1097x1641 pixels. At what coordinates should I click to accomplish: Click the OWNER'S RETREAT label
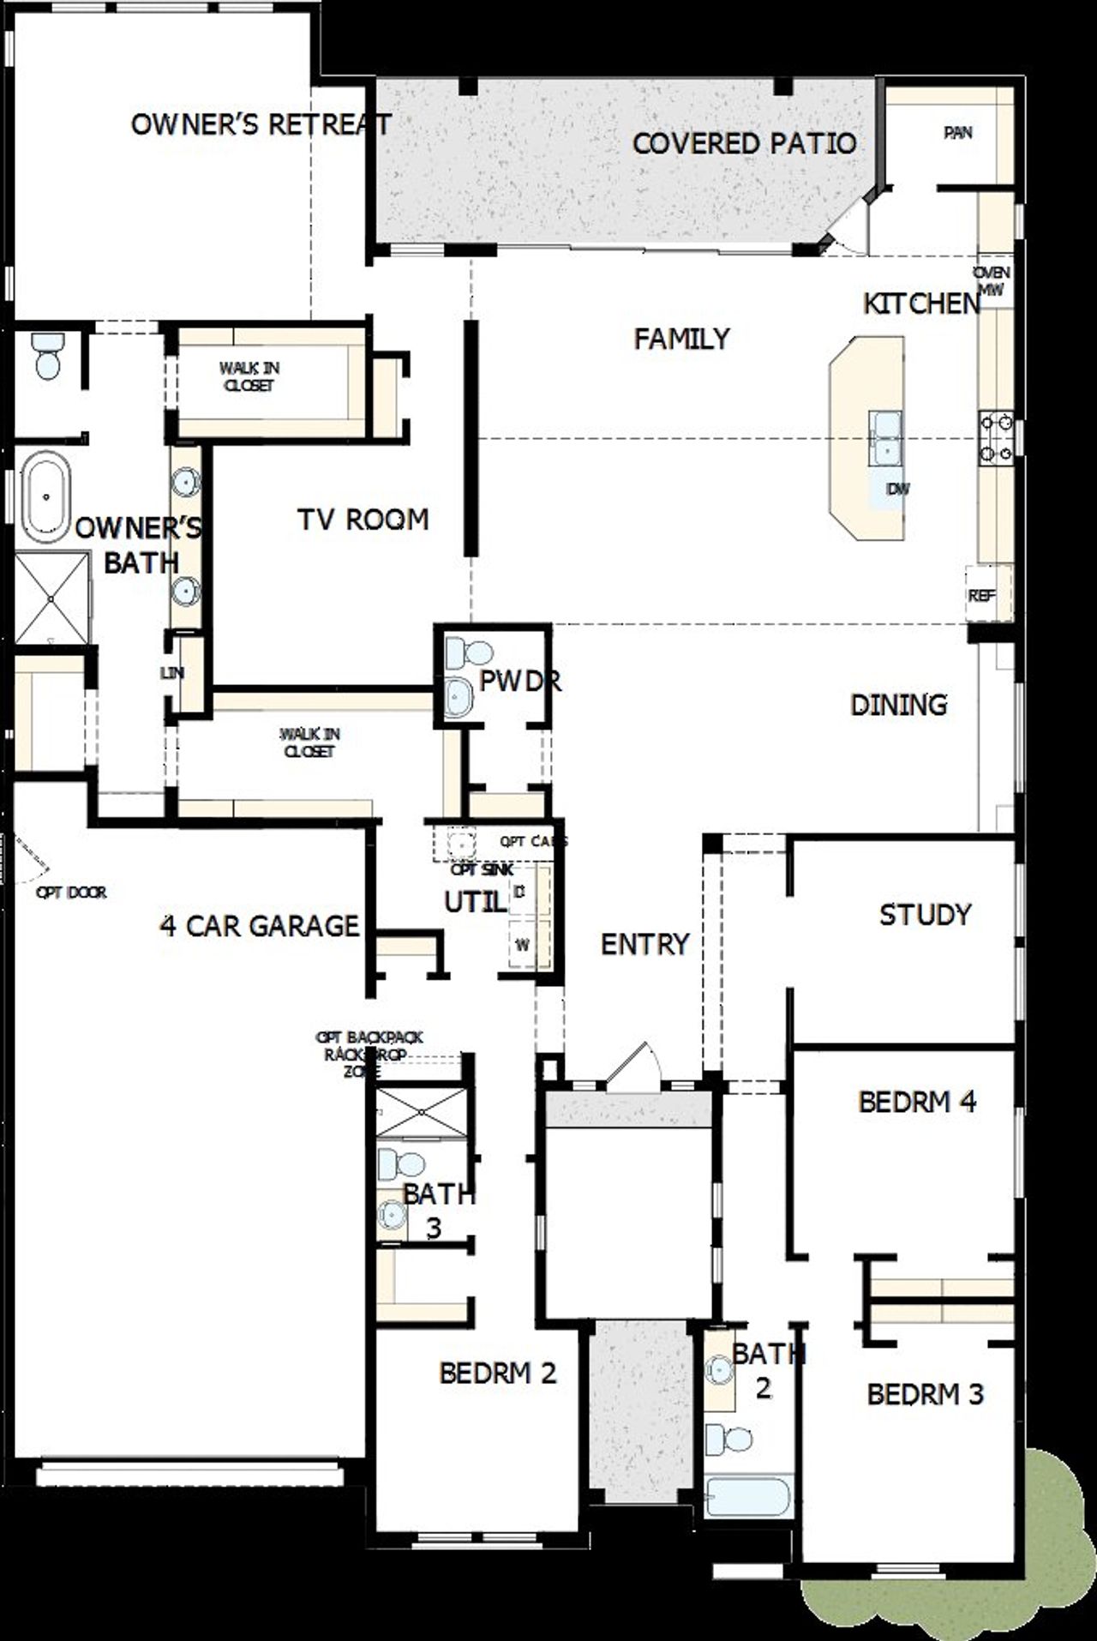coord(261,124)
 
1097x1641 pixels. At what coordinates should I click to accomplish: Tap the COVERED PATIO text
coord(744,143)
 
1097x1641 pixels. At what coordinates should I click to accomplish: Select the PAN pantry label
coord(958,133)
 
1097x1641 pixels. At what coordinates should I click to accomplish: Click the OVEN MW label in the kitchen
coord(992,281)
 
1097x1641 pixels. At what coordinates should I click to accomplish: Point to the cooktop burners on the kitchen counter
coord(997,437)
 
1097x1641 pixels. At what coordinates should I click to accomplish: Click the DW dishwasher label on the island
coord(897,489)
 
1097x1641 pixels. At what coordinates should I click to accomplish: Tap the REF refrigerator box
coord(982,594)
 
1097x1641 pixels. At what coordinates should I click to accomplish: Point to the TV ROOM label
coord(363,520)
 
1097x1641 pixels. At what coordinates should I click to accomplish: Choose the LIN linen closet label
coord(172,673)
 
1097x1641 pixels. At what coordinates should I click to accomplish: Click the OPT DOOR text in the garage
coord(71,893)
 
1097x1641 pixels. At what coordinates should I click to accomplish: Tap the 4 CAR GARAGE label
coord(260,926)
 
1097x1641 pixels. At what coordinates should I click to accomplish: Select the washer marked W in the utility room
coord(521,946)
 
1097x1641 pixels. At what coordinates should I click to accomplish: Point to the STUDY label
coord(925,915)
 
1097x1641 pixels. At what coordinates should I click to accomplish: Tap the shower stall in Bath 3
coord(423,1112)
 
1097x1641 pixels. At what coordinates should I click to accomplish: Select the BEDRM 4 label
coord(917,1102)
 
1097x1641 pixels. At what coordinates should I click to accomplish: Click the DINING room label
coord(898,705)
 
